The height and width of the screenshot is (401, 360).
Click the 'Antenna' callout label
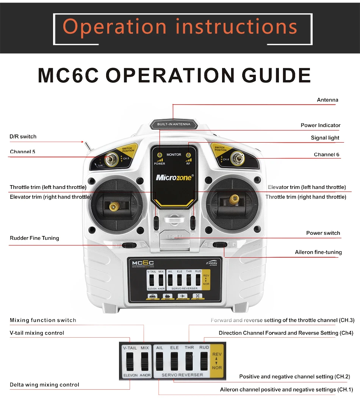pos(327,100)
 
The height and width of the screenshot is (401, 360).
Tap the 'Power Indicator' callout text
pos(320,125)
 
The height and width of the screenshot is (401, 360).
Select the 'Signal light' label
pos(325,138)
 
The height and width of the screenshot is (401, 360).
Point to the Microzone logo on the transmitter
pos(174,177)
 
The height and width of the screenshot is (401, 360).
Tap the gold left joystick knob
pos(113,206)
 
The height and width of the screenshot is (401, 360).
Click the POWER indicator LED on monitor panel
pos(160,155)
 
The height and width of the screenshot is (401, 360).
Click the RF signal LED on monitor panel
pos(188,155)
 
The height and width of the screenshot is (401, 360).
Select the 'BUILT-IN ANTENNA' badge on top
pos(174,124)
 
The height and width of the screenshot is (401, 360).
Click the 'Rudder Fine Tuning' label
pos(34,238)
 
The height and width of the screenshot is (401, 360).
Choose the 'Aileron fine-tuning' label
pos(318,252)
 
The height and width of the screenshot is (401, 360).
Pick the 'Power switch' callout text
pos(323,233)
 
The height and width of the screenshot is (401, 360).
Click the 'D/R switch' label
pos(23,137)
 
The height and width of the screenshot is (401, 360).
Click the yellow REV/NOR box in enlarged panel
pos(217,360)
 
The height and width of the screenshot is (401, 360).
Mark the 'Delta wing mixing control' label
pos(44,385)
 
